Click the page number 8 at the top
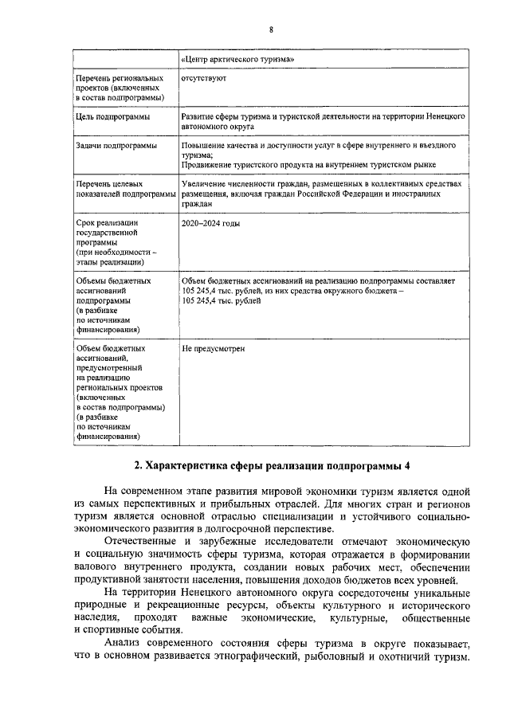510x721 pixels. pos(271,29)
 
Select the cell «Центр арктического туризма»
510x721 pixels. pos(238,59)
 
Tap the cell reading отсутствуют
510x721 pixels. pos(204,80)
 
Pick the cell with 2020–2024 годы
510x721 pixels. pos(210,223)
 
